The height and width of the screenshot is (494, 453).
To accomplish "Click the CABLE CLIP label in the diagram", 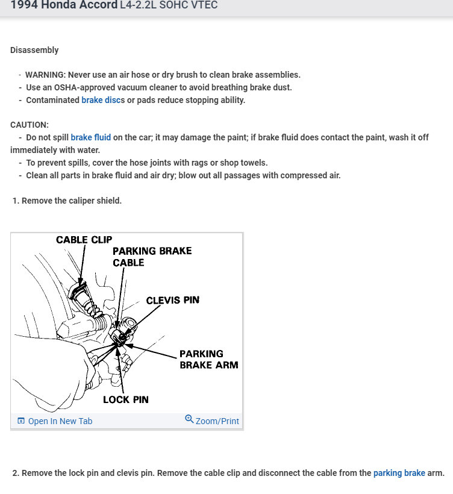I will [84, 240].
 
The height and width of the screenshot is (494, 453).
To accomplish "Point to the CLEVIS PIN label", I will [172, 300].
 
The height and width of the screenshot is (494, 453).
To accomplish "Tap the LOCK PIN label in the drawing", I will [125, 399].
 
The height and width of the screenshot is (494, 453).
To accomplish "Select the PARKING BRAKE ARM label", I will [208, 359].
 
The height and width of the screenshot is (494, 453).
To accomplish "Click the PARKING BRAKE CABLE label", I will [152, 257].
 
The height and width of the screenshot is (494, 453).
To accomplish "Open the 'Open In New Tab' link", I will [60, 421].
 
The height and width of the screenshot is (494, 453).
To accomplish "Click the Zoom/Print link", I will [217, 421].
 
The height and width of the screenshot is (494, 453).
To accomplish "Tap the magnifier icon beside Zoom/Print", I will [189, 419].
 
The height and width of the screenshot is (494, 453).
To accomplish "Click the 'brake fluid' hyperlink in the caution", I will [90, 137].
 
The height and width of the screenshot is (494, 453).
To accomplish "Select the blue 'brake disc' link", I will [101, 100].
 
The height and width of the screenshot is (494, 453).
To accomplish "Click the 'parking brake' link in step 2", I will [399, 473].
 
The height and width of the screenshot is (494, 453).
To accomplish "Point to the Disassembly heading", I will [34, 50].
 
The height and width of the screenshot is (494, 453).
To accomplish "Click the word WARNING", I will [45, 75].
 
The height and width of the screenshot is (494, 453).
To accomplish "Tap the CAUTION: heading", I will [30, 125].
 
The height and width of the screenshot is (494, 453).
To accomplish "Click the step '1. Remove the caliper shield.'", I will [67, 201].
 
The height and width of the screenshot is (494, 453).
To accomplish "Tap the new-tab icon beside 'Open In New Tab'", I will [21, 421].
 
